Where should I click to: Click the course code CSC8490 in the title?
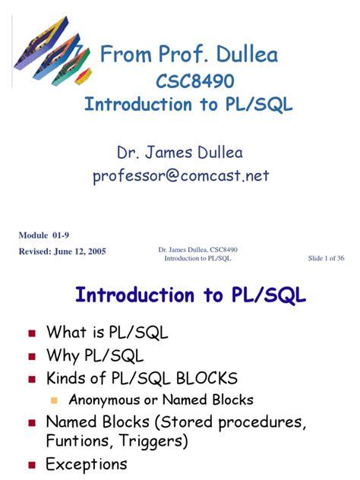point(190,81)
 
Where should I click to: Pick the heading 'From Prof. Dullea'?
point(190,55)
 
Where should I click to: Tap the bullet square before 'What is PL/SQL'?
point(32,333)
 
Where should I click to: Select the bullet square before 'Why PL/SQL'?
point(32,356)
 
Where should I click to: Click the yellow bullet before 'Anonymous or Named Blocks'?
point(54,400)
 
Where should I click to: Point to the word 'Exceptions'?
point(87,464)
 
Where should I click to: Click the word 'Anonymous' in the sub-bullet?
point(103,399)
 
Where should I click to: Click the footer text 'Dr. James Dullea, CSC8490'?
point(198,250)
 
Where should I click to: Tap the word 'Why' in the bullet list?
point(63,355)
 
